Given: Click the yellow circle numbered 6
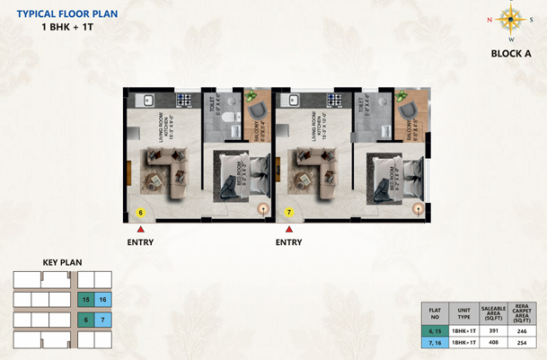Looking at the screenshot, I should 140,213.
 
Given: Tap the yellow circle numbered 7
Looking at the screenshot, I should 289,213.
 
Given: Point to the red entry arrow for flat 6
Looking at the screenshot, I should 140,231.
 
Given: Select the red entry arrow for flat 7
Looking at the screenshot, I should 288,231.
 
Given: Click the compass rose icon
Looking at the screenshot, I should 511,19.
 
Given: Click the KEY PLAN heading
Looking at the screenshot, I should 62,262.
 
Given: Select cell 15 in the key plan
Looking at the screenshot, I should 85,299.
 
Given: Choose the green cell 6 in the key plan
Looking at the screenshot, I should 85,320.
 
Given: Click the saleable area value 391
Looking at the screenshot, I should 493,330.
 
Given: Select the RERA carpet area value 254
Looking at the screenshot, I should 523,343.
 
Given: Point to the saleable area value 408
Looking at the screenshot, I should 493,343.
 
